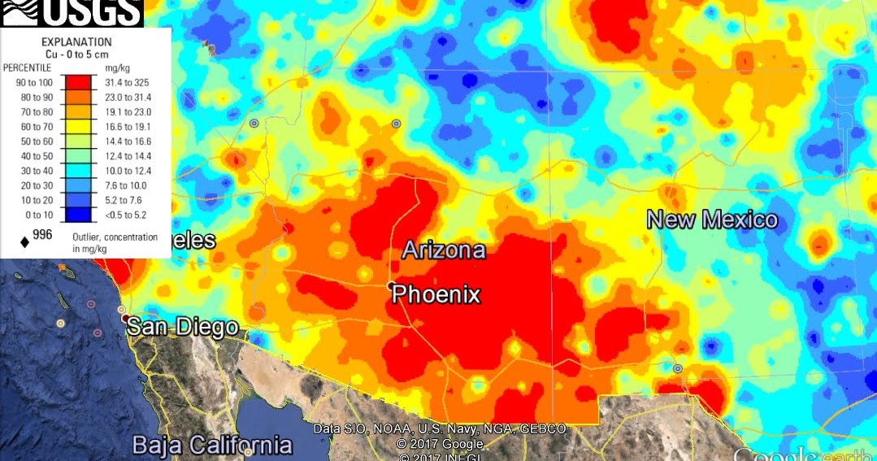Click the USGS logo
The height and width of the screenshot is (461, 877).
(x=72, y=12)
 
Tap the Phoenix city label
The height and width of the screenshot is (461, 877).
(x=436, y=294)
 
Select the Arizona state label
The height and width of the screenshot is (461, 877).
(x=444, y=250)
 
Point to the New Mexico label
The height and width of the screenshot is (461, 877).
(x=712, y=220)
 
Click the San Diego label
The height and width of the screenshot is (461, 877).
(x=183, y=328)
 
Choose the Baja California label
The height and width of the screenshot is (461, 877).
(x=212, y=445)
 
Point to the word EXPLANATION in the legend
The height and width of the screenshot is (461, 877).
(x=76, y=41)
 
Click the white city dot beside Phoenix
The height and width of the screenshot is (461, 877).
(x=391, y=285)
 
